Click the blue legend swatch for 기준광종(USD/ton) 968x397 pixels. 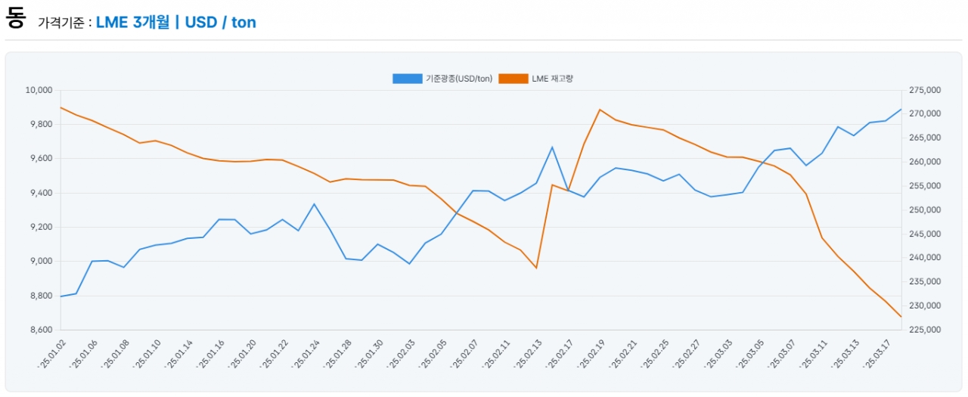click(407, 79)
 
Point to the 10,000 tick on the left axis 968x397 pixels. click(39, 90)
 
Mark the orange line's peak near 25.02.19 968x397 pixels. click(600, 110)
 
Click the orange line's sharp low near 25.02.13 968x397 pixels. click(536, 268)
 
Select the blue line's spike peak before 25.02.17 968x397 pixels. click(552, 147)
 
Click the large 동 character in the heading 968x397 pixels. click(15, 18)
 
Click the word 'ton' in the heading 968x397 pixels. click(244, 23)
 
